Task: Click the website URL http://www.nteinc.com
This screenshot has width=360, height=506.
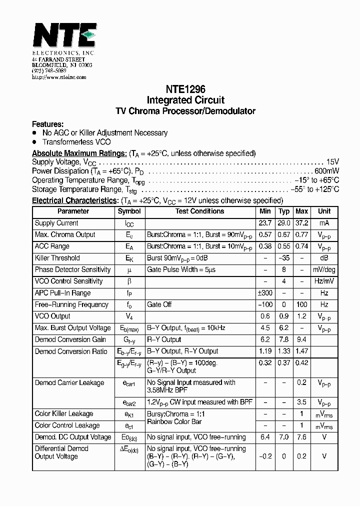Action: (x=59, y=77)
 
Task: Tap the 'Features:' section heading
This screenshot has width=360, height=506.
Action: (x=47, y=124)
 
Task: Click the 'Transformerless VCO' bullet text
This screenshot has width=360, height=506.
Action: (x=76, y=142)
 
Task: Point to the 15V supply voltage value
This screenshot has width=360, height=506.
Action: (x=332, y=162)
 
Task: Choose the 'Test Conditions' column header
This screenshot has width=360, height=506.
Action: (x=199, y=211)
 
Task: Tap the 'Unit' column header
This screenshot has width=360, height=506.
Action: (x=324, y=211)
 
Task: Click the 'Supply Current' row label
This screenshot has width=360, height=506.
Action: (x=56, y=223)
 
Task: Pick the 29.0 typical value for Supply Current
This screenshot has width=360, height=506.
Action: (x=283, y=223)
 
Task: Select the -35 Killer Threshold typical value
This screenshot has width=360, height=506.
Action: (x=283, y=258)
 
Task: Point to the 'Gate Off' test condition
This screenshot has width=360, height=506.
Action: (x=159, y=304)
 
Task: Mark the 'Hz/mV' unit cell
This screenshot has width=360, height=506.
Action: (x=324, y=281)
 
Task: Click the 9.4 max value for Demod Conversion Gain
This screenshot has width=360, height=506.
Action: (x=301, y=339)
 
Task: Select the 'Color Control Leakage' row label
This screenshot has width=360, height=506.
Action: (x=67, y=425)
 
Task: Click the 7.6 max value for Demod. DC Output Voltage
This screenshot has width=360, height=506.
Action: (x=301, y=437)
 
